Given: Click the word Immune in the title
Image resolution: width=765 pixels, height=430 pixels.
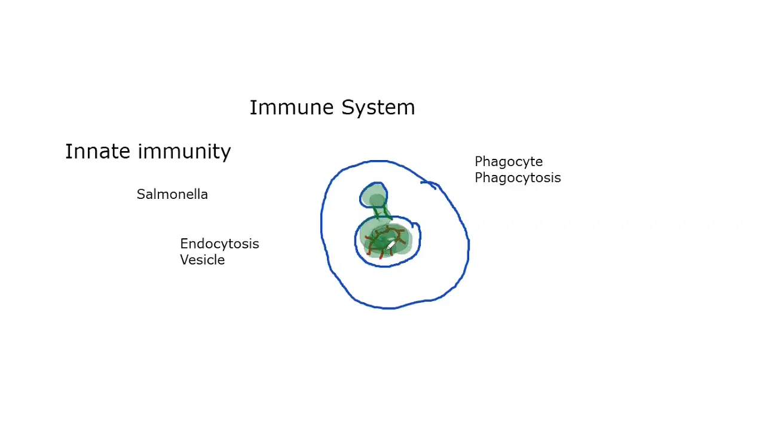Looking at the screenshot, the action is click(291, 107).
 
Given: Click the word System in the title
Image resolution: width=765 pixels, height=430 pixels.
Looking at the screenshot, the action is click(378, 108).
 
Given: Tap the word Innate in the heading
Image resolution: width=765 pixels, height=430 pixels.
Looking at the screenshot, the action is click(97, 151).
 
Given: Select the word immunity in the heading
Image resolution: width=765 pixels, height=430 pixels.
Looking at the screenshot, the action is click(185, 152).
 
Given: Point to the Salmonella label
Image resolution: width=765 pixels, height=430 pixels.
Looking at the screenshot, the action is click(172, 194).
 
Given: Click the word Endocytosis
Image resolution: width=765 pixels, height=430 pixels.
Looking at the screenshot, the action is click(219, 244).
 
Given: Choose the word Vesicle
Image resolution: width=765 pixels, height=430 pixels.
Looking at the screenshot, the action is click(202, 260).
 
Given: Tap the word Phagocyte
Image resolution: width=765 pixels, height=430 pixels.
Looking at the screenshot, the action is click(509, 162).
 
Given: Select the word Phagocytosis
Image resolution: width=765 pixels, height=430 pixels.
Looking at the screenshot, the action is click(518, 178).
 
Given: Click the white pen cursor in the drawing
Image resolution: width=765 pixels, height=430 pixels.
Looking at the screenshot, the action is click(390, 245).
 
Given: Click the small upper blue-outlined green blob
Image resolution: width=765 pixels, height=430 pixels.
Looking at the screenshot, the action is click(374, 195).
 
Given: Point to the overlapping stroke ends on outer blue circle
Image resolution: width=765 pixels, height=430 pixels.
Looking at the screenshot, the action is click(429, 185).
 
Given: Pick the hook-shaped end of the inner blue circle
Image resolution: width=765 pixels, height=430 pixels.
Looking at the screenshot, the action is click(415, 225).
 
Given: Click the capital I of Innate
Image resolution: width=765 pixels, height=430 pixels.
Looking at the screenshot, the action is click(68, 152).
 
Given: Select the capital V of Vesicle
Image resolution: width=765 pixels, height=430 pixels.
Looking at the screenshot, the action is click(185, 260).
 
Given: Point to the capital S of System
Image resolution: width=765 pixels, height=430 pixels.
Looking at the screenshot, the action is click(348, 107).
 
